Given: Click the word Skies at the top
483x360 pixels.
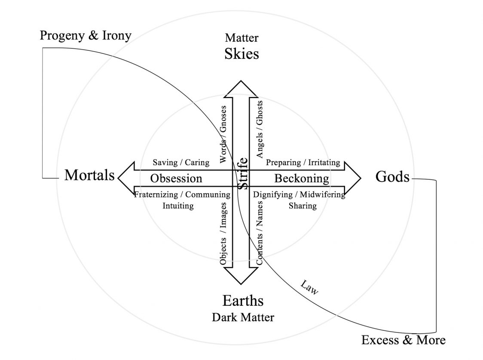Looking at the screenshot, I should (241, 54).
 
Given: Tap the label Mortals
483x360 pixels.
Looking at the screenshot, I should (90, 175).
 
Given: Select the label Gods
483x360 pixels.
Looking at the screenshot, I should (392, 176).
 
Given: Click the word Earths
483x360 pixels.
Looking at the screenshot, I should (243, 300).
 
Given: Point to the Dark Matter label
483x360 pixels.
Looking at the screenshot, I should (243, 317).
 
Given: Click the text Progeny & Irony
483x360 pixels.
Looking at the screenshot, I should (86, 35).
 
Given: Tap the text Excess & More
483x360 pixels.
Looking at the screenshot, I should (403, 340).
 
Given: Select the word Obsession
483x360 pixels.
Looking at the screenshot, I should (176, 178).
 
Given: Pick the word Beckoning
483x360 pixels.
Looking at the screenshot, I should (302, 178).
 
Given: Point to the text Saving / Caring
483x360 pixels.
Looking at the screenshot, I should (181, 163).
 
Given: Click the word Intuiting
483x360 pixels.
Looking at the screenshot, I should (178, 206).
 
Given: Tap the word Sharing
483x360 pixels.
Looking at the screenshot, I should (303, 206).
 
